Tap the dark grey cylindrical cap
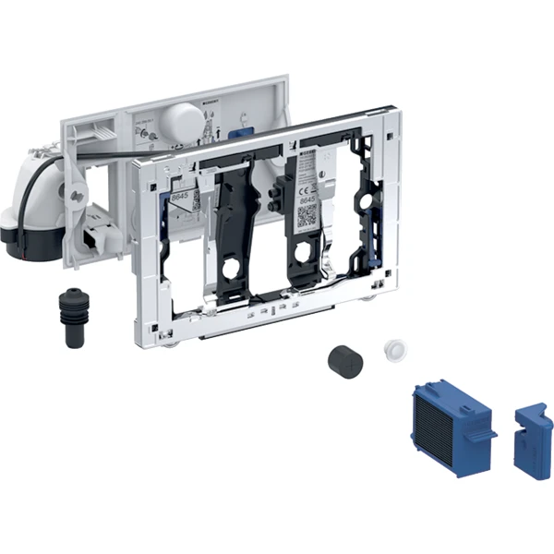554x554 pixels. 344,361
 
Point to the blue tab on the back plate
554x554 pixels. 244,131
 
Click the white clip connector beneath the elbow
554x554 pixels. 95,242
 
